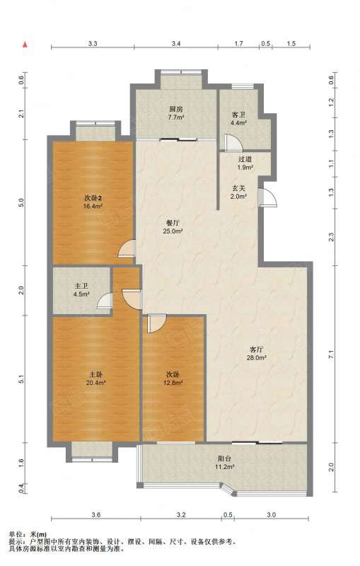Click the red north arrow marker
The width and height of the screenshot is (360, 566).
click(25, 45)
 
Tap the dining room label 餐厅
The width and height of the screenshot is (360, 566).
click(172, 223)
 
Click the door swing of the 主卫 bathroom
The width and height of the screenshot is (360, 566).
click(105, 300)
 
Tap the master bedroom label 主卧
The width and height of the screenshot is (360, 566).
click(96, 374)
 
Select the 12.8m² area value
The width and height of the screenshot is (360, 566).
click(173, 383)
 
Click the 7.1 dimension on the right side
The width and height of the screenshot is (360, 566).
click(331, 354)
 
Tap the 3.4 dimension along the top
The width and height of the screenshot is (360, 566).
click(175, 44)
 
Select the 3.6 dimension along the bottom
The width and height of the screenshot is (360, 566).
click(95, 515)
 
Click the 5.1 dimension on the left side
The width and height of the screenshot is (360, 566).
click(21, 379)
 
